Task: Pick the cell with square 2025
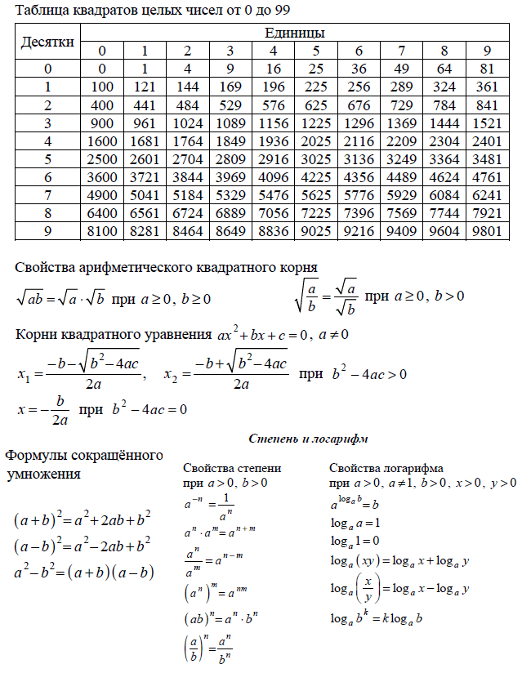click(315, 140)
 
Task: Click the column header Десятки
click(48, 41)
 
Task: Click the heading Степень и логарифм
click(307, 439)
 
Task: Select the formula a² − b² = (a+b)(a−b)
click(84, 573)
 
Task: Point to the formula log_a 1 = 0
click(355, 541)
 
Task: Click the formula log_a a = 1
click(355, 522)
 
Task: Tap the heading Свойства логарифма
click(386, 469)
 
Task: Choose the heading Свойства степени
click(233, 469)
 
